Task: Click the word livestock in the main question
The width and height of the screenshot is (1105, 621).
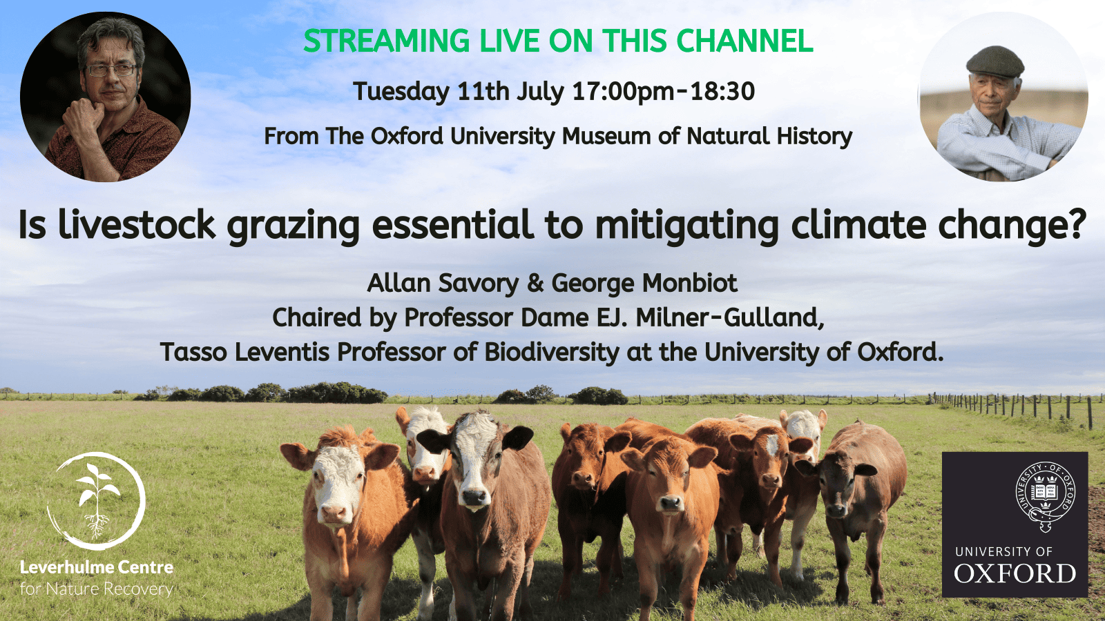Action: click(x=137, y=225)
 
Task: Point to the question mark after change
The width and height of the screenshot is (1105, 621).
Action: click(x=1077, y=225)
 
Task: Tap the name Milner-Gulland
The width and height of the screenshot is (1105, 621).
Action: click(x=730, y=318)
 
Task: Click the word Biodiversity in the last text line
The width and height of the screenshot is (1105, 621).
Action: click(x=552, y=353)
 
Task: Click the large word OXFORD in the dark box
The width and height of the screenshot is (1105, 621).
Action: click(x=1015, y=573)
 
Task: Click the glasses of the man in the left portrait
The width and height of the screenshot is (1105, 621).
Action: click(x=111, y=70)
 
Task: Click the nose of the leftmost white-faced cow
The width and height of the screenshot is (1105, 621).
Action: click(x=334, y=513)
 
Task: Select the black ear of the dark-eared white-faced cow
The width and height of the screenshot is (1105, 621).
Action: click(x=519, y=438)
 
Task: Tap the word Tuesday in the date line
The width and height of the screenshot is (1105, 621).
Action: click(x=401, y=92)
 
